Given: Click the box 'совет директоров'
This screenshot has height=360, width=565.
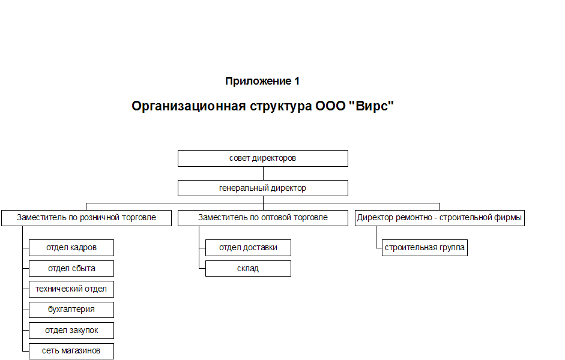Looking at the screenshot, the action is coord(262,158).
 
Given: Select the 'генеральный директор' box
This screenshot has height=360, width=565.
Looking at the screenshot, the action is coord(262,188).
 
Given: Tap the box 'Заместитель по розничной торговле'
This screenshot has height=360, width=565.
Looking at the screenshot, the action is coord(86,218).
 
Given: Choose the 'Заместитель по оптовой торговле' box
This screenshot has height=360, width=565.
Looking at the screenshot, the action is coord(262,218).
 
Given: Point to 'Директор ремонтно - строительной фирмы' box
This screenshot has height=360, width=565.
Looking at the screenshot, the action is coord(440,218).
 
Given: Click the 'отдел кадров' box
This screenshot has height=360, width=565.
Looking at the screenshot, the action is coord(71,248).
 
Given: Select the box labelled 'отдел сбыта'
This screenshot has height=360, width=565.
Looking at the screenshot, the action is coord(71,269).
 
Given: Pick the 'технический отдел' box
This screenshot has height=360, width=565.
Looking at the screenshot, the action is coord(71,289).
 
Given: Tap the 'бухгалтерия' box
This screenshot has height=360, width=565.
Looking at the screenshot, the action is coord(71,310).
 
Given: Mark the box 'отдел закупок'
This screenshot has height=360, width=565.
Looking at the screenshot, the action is coord(71,331).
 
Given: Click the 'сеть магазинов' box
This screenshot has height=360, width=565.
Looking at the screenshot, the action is coord(71,351).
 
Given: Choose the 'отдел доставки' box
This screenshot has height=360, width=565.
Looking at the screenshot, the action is coord(248,248).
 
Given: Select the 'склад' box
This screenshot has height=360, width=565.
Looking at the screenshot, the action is coord(248,269).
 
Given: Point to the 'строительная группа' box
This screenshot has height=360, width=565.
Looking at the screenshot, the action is coord(425,248).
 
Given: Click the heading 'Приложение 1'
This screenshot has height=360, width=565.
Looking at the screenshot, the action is coord(262,82).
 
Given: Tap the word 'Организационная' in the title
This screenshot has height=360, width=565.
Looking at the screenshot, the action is coord(189,106).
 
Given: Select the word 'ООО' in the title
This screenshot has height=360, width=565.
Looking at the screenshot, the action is coord(330,106).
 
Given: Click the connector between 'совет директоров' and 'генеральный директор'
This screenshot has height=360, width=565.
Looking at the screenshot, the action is coord(263,173).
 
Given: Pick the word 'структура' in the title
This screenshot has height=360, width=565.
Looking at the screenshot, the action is coord(280,107).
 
